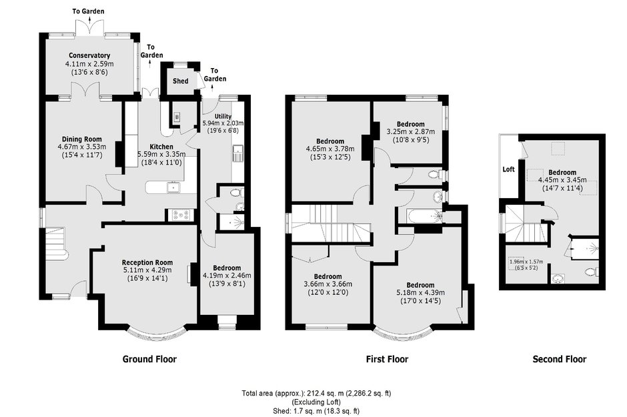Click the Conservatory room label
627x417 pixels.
click(x=89, y=55)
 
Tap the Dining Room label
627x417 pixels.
click(x=81, y=139)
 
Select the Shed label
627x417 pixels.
click(x=180, y=81)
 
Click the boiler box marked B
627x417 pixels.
click(x=177, y=117)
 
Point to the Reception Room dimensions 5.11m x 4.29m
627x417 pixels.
click(x=147, y=270)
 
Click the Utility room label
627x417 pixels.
click(x=223, y=116)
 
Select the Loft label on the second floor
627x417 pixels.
click(x=508, y=169)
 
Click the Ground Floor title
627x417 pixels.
click(x=149, y=359)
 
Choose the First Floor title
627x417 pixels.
click(x=387, y=359)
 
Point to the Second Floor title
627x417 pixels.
click(x=559, y=359)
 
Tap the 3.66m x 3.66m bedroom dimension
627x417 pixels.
click(x=328, y=284)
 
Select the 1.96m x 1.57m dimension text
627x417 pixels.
click(x=526, y=262)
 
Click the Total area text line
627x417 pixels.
click(x=316, y=394)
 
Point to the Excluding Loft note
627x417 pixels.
click(x=316, y=402)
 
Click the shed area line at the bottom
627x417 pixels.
click(x=316, y=410)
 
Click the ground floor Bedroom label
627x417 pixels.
click(x=227, y=268)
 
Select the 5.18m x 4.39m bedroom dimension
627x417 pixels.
click(x=420, y=293)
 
